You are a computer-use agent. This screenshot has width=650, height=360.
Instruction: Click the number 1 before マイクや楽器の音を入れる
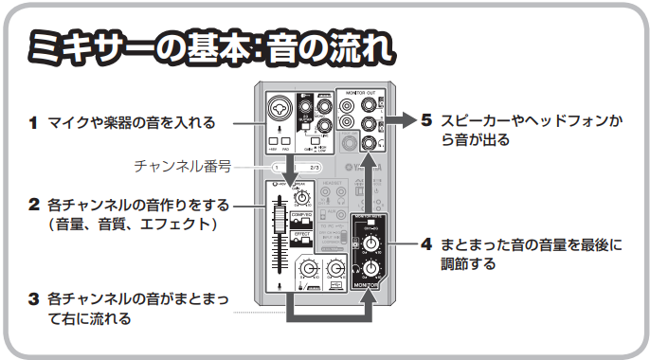click(x=32, y=122)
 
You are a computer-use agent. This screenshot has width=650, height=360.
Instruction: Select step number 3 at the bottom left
click(x=32, y=298)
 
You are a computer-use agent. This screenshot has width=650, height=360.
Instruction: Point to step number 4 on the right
click(x=426, y=244)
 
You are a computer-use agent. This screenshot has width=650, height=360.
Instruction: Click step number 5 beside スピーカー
click(x=426, y=121)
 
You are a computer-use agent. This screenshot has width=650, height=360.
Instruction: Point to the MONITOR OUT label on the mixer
click(x=360, y=95)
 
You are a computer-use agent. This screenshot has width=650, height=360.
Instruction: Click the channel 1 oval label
click(x=276, y=167)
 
